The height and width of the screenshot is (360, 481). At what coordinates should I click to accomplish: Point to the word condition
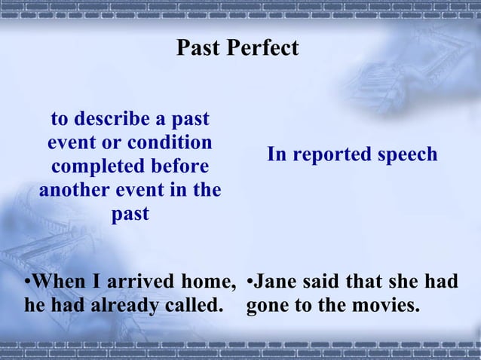click(170, 142)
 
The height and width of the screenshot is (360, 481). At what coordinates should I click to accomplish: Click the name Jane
click(277, 282)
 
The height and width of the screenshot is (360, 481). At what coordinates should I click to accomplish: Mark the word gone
click(269, 307)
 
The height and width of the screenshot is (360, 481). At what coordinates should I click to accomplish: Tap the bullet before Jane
click(251, 282)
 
